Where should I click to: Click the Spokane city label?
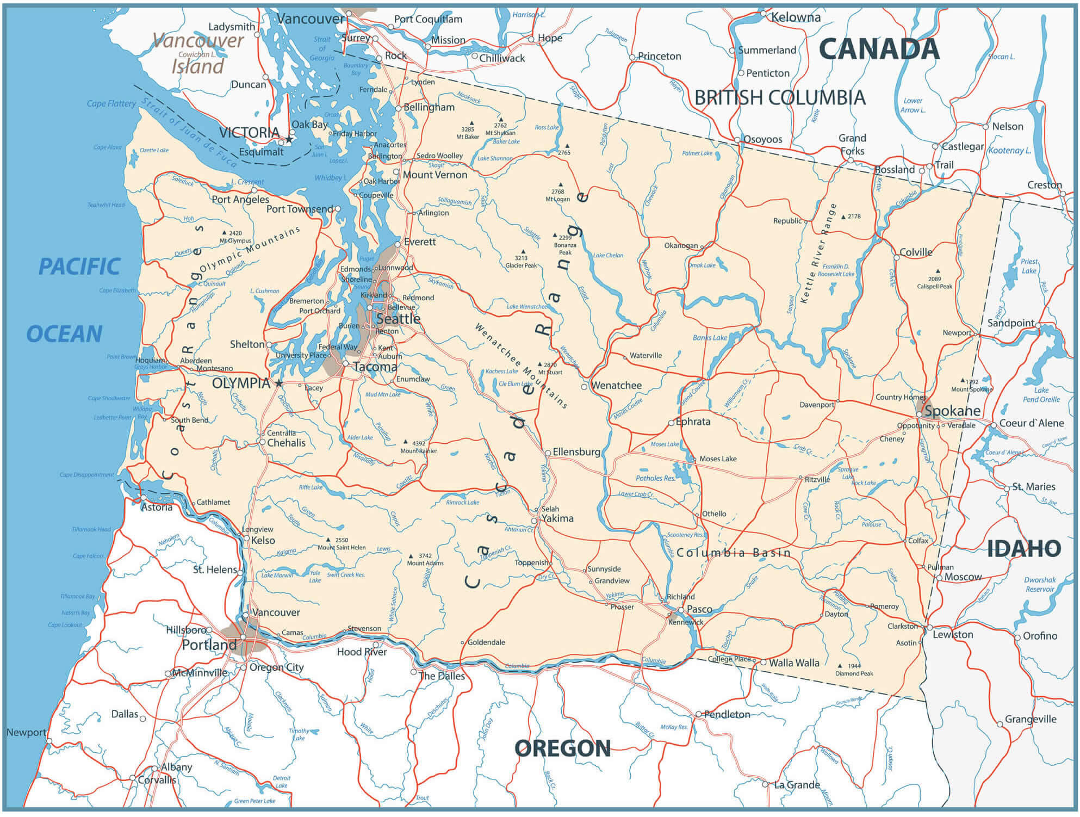[952, 411]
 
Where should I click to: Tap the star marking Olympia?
[279, 383]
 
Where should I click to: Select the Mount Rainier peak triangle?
[406, 442]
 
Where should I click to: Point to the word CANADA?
[879, 49]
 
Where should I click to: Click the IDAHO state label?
[1024, 548]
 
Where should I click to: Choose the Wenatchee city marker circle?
[584, 387]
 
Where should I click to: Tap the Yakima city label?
[557, 518]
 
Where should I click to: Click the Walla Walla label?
[794, 663]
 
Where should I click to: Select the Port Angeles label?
[240, 200]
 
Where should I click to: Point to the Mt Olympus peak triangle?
[224, 233]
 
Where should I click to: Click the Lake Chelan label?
[608, 255]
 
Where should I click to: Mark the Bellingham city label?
[429, 107]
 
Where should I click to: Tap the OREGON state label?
[562, 748]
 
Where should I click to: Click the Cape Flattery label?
[111, 103]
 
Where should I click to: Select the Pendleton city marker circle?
[699, 714]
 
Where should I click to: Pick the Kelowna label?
[796, 17]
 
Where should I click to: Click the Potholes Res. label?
[655, 478]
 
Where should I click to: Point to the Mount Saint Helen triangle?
[328, 540]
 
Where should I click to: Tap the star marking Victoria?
[289, 140]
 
